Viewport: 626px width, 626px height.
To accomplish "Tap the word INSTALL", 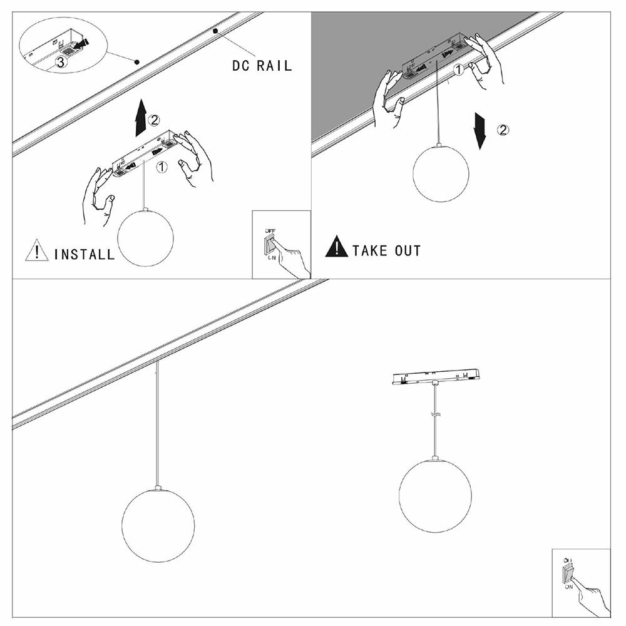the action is coord(85,254).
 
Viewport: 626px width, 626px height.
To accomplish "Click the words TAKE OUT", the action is coord(386,251).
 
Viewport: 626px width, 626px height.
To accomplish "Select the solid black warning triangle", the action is coord(336,247).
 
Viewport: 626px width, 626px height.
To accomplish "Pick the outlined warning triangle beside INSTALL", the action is coord(37,251).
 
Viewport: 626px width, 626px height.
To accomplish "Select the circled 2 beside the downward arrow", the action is coord(503,130).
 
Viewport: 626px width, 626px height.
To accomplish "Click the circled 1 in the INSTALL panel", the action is coord(161,167).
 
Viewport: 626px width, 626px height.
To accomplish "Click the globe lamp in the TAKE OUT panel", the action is coord(441,173).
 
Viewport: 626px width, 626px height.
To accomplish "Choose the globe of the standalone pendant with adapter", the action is coord(433,495).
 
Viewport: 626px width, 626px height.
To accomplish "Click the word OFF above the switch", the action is coord(270,230).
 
